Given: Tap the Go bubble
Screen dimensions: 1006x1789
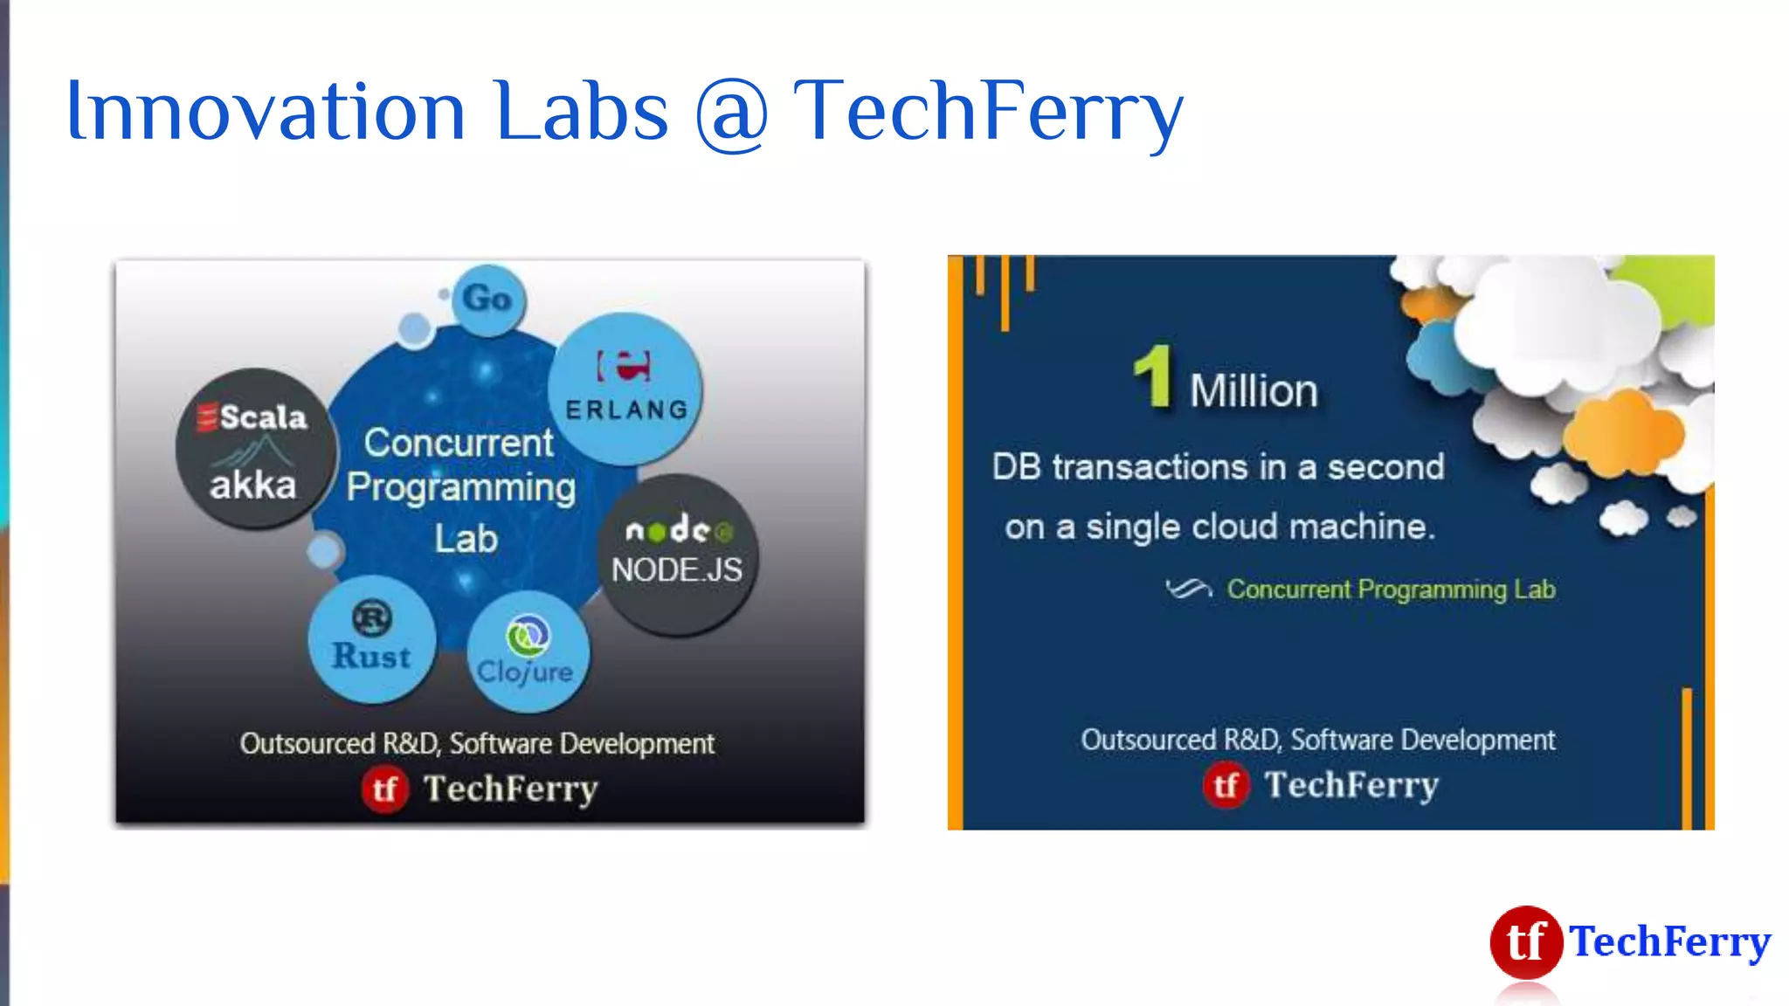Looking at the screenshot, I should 488,300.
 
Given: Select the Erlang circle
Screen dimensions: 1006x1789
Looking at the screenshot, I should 625,389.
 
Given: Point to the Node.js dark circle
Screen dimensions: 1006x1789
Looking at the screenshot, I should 678,554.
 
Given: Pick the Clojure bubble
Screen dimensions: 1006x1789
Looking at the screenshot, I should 527,651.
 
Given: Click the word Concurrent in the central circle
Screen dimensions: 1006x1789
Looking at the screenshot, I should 459,443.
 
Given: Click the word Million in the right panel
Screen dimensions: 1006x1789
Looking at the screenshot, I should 1254,390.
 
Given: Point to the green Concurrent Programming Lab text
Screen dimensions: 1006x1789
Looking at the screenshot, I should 1391,589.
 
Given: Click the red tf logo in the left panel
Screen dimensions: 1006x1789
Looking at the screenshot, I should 385,789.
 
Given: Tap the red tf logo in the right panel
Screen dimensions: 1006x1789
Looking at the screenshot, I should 1226,785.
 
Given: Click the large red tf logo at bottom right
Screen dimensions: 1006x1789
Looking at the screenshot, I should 1526,941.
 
